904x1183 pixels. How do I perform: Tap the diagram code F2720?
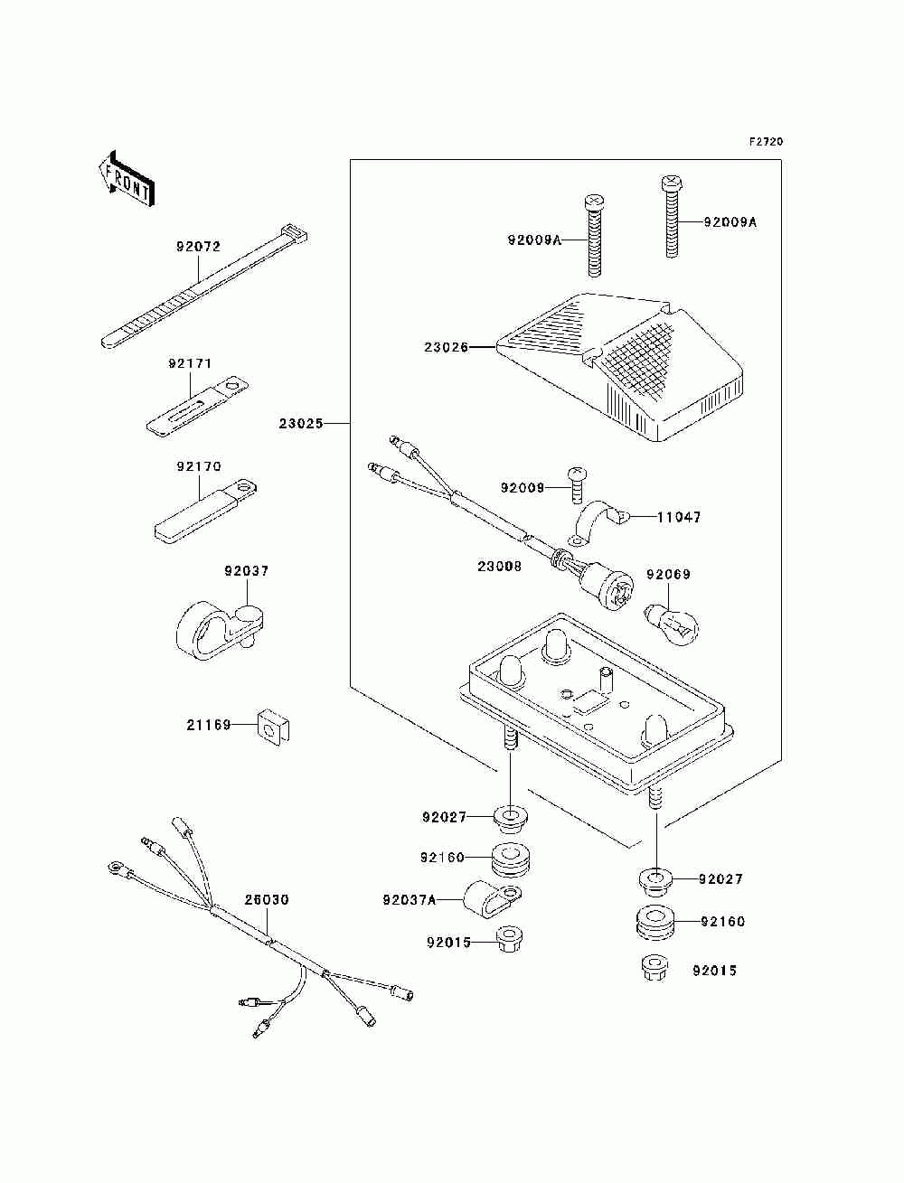[x=766, y=142]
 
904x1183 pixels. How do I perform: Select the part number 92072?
[x=198, y=247]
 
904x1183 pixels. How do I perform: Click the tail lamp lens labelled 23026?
[x=620, y=367]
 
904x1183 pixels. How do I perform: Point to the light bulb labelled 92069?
[x=672, y=624]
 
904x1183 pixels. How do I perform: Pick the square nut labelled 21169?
[x=274, y=726]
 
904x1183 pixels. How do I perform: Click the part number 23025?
[x=301, y=424]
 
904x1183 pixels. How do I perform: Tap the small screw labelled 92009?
[x=576, y=485]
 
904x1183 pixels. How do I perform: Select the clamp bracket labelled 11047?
[x=598, y=521]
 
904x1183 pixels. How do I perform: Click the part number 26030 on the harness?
[x=267, y=899]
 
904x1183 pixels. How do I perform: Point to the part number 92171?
[x=190, y=364]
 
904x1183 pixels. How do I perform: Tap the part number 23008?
[x=500, y=567]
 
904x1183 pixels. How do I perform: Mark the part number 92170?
[x=199, y=466]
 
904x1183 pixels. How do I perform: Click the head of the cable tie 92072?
[x=293, y=233]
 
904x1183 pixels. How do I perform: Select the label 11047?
[x=679, y=518]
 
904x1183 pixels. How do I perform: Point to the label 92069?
[x=668, y=575]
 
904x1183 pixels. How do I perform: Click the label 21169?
[x=209, y=726]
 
